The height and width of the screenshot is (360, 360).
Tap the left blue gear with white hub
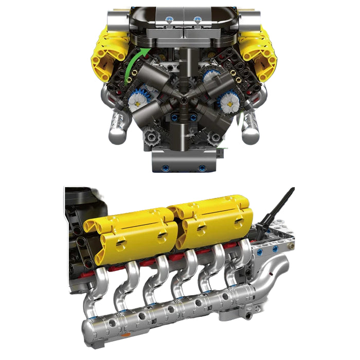pos(138,100)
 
